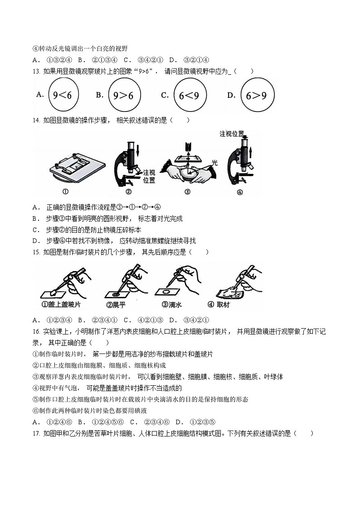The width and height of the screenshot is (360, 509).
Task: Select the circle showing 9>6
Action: pos(123,95)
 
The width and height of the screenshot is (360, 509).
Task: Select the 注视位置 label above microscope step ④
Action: pos(232,134)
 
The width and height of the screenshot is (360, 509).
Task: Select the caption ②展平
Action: pos(117,305)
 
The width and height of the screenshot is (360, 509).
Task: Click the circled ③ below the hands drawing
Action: pos(187,192)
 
